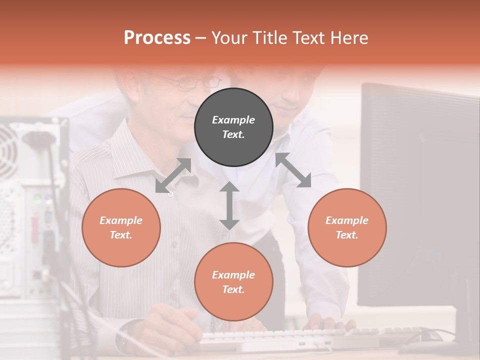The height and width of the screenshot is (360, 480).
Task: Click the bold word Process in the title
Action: tap(157, 38)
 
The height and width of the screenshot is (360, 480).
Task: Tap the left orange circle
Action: tap(121, 227)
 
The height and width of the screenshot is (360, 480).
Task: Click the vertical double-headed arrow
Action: tap(229, 205)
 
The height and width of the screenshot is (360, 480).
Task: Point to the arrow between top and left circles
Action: tap(173, 175)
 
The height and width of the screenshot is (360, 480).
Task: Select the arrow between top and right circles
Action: tap(293, 170)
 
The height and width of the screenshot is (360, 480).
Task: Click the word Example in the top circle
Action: tap(233, 120)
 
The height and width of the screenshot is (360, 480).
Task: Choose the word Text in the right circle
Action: tap(347, 235)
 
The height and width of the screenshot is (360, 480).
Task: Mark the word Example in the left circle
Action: tap(121, 220)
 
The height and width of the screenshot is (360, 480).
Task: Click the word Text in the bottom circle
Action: tap(233, 289)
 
